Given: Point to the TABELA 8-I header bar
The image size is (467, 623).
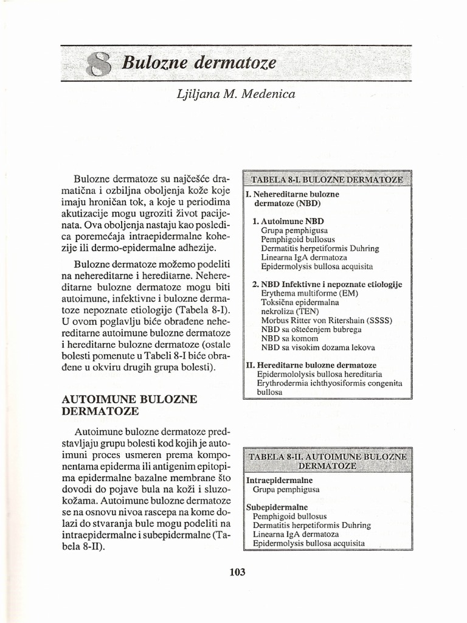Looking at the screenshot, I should click(x=327, y=180).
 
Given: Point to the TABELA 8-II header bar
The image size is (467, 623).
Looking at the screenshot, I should click(x=327, y=461).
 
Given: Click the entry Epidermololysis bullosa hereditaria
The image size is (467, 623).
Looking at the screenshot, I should click(x=320, y=374).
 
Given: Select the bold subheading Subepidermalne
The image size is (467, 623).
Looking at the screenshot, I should click(x=277, y=507).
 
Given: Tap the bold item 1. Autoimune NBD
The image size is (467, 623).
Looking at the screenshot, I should click(x=288, y=221).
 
